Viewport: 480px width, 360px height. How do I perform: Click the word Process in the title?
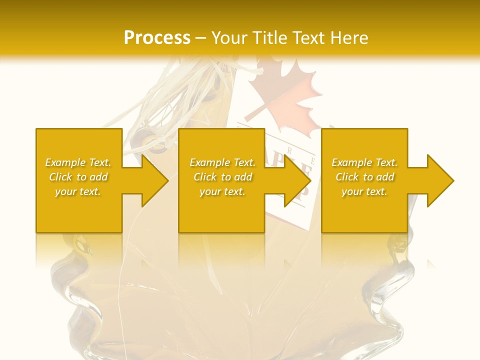click(157, 38)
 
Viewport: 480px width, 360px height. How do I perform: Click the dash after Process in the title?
click(201, 38)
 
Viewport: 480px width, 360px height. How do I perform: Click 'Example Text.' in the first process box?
click(78, 162)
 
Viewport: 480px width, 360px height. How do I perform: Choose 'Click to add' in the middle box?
click(222, 177)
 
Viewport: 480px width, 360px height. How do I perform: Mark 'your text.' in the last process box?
click(364, 191)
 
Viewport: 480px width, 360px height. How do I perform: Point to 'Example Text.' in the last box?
click(364, 162)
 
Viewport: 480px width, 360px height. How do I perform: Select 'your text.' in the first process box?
click(78, 191)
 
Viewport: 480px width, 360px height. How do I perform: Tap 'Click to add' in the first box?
click(78, 177)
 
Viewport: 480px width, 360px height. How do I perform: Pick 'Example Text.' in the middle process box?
click(222, 162)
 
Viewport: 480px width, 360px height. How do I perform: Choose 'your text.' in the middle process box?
click(222, 191)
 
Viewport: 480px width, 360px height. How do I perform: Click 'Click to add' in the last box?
click(364, 177)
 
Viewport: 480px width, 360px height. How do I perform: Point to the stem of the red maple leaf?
click(254, 110)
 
